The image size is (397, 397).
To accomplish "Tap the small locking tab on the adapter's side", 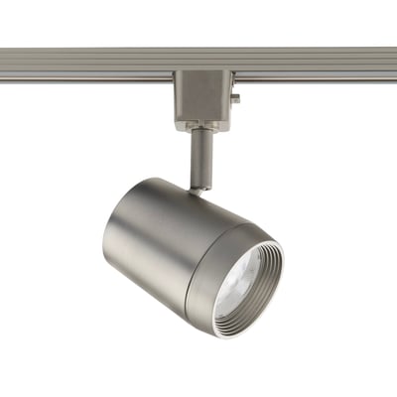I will coord(236,97).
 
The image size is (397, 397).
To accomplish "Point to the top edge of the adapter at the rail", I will coord(202,73).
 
